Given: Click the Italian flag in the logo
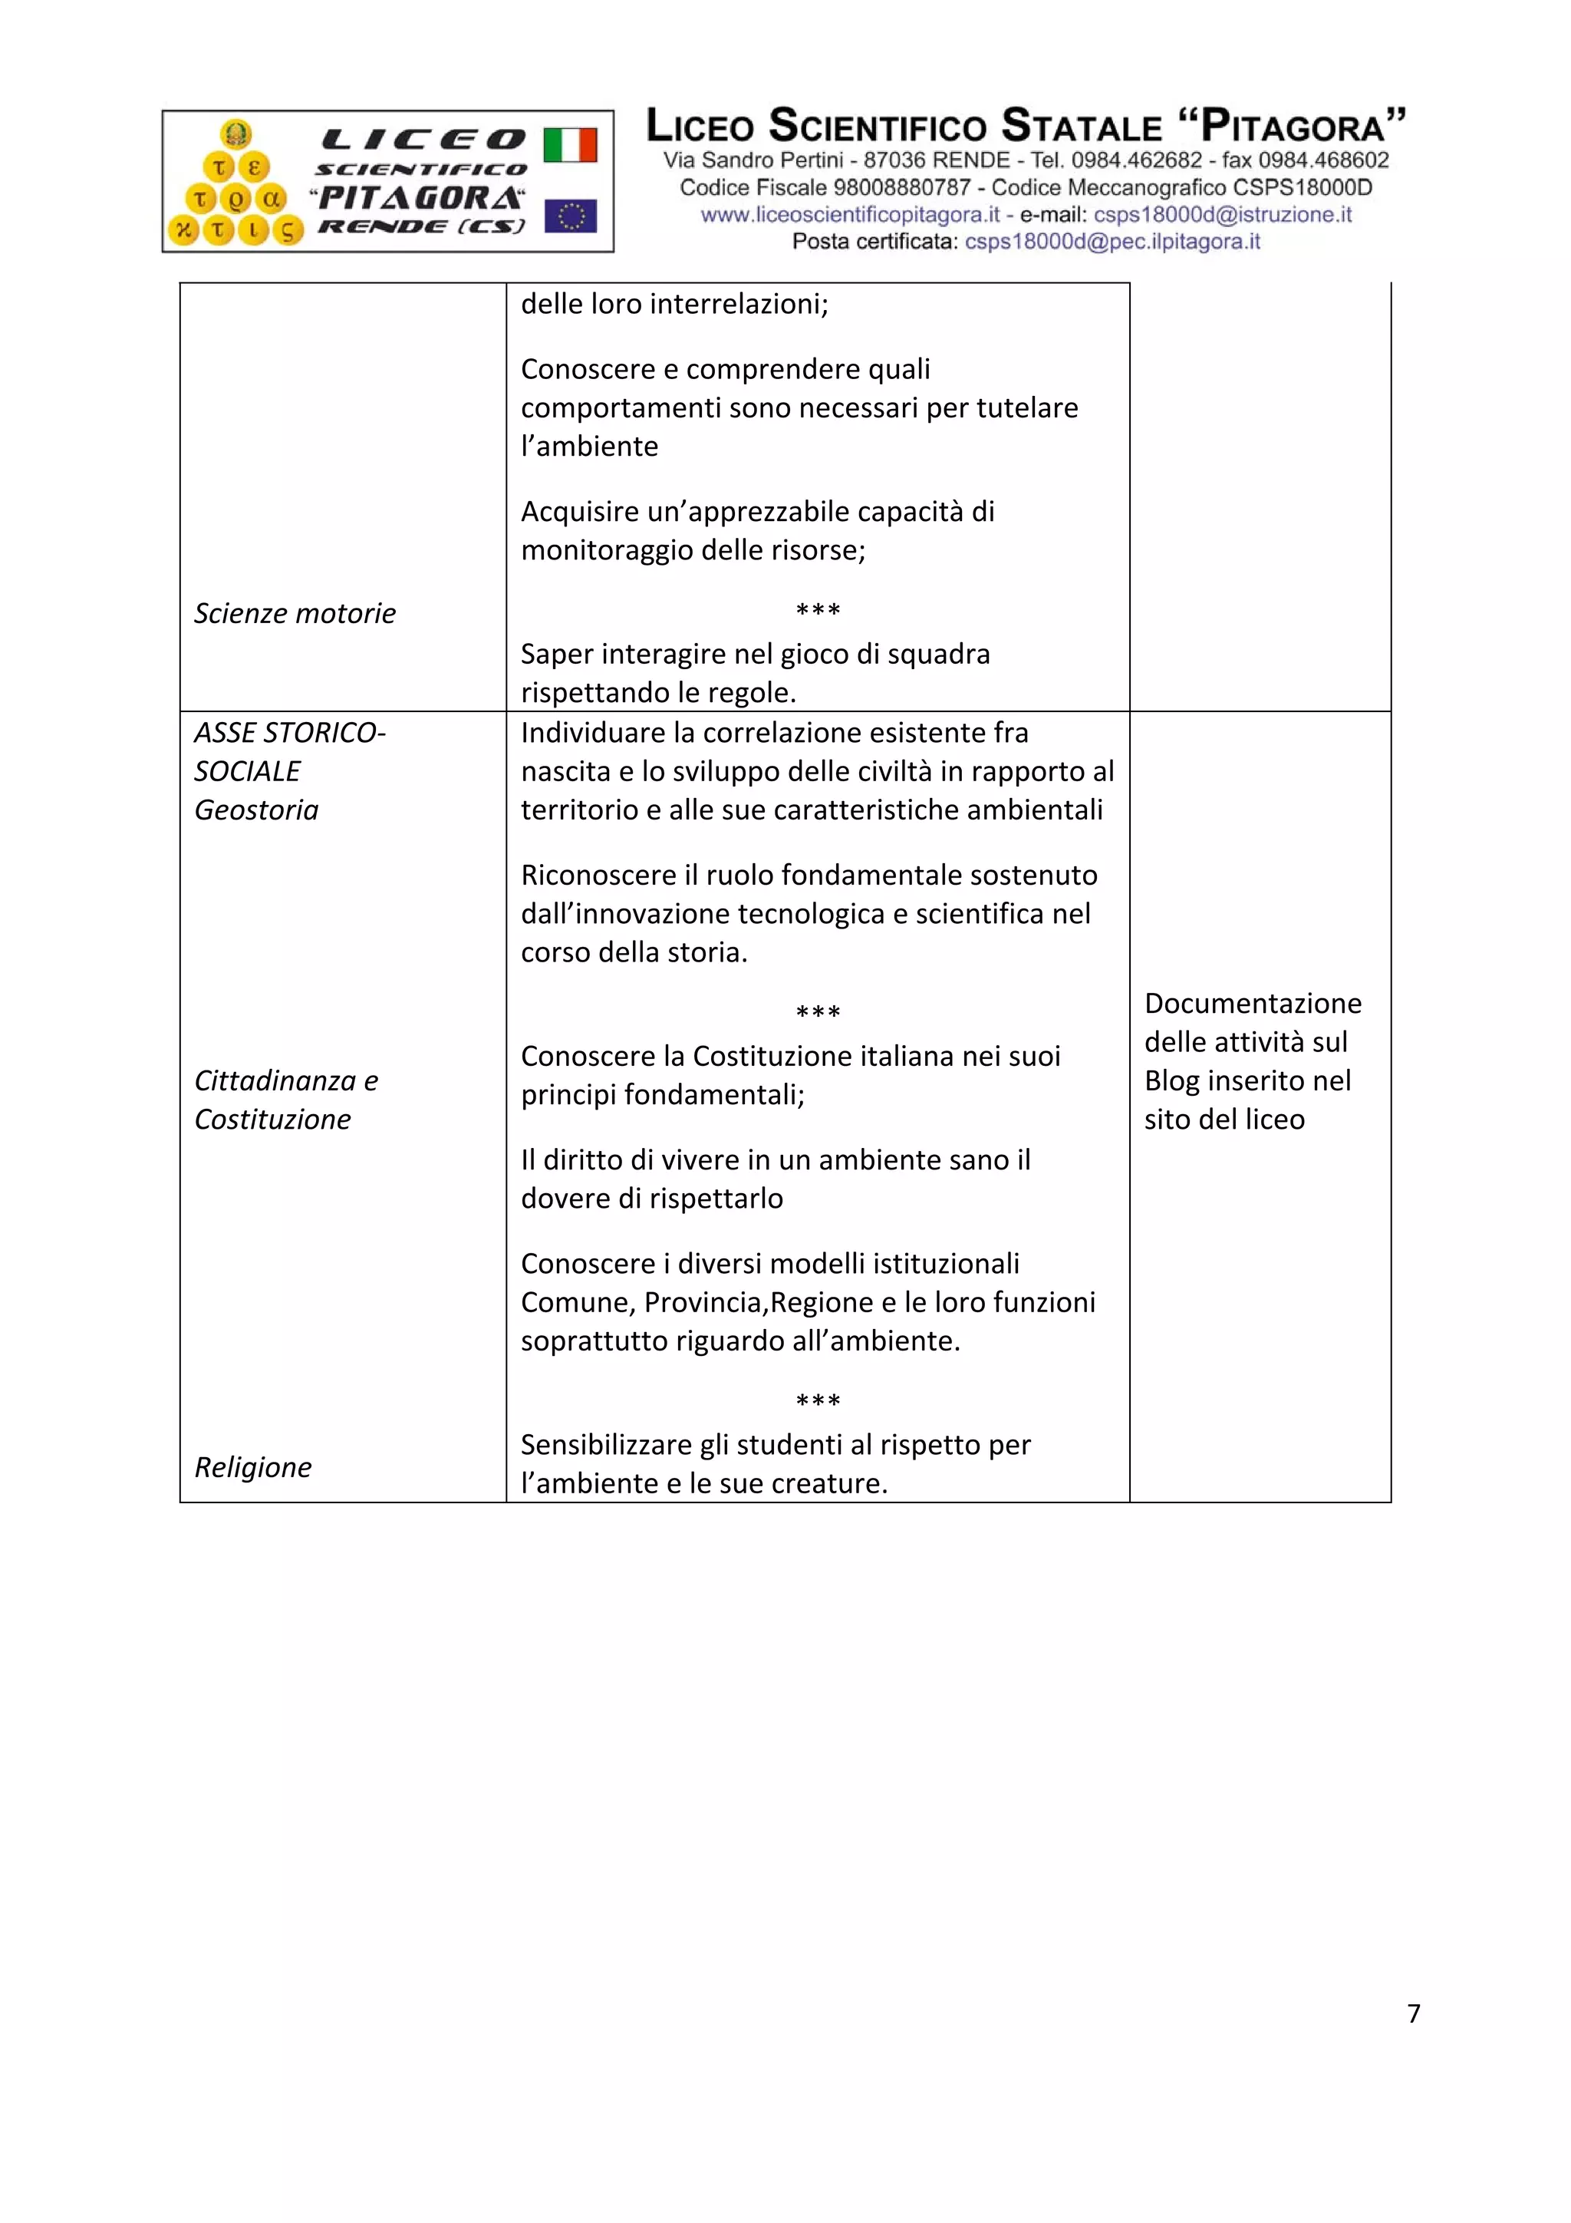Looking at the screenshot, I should tap(569, 145).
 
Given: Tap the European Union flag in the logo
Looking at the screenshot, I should tap(570, 216).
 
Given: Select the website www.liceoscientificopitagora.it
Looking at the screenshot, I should tap(849, 215).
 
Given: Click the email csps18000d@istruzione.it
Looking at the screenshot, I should tap(1223, 215).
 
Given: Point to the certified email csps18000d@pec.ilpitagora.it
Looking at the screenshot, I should tap(1112, 242).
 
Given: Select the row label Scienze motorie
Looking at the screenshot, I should tap(295, 613).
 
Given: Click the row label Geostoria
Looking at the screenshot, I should tap(255, 810).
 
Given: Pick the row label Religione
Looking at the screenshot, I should tap(252, 1467).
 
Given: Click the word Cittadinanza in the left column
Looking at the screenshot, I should tap(274, 1080).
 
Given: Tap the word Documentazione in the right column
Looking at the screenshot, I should tap(1253, 1003).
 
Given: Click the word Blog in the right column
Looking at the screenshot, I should tap(1171, 1080).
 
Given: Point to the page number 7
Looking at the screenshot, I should tap(1413, 2014).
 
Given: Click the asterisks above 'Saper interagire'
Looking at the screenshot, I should tap(818, 610).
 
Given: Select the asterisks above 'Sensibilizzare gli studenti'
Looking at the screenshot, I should tap(818, 1401).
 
